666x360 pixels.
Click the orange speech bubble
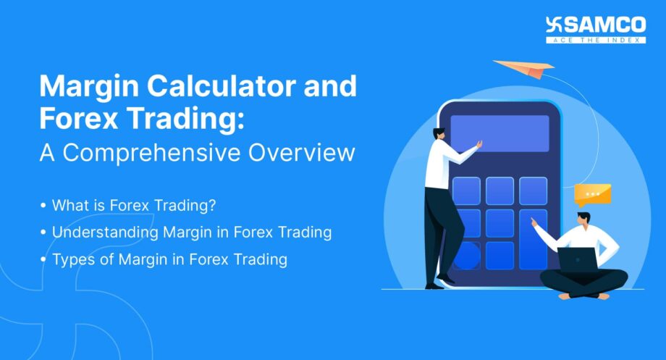point(592,193)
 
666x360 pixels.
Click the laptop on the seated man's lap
point(578,259)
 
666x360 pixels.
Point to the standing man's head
point(439,135)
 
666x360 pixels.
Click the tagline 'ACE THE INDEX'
point(597,39)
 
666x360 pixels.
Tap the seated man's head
point(583,218)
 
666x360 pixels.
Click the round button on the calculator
point(465,256)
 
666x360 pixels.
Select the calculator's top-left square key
point(465,191)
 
